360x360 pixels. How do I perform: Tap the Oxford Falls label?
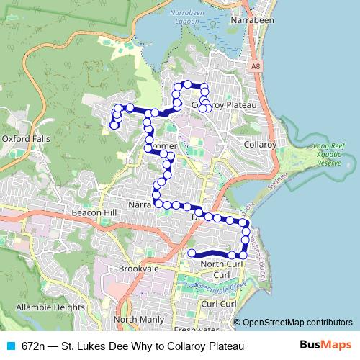click(24, 138)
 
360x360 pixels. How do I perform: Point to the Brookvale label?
click(138, 268)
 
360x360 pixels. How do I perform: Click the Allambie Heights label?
click(50, 307)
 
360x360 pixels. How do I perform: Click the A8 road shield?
click(256, 66)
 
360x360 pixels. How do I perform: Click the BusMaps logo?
click(325, 346)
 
